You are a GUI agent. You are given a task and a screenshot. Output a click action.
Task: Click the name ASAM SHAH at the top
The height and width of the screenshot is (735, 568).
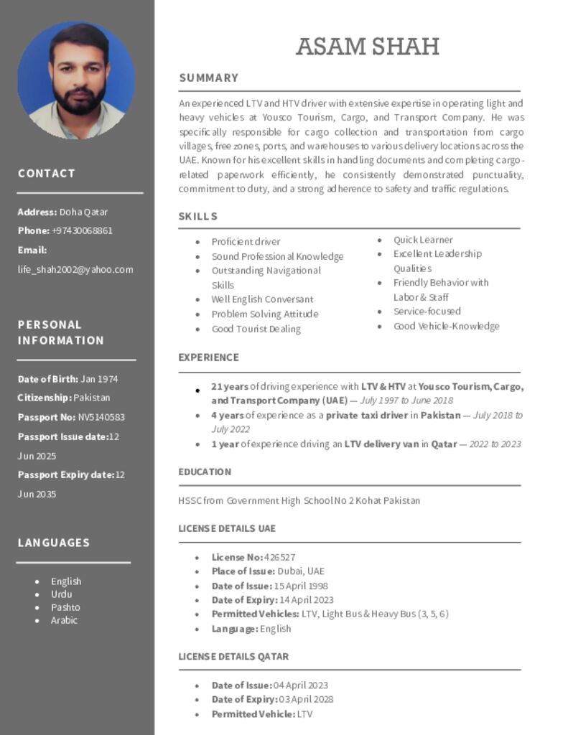pos(367,47)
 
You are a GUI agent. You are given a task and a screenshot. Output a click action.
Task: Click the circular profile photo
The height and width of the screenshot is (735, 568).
pos(76,80)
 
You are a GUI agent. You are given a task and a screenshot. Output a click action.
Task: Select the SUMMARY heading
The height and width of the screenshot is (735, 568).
pos(208,78)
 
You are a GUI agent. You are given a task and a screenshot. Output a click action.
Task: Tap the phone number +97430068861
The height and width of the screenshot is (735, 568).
pos(82,230)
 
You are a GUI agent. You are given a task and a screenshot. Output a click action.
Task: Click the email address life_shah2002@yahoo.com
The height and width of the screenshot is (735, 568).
pos(75,269)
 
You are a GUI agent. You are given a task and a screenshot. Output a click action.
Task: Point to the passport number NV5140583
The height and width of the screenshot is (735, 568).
pos(101,417)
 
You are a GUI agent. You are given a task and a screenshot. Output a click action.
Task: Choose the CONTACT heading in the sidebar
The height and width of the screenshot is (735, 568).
pos(47,173)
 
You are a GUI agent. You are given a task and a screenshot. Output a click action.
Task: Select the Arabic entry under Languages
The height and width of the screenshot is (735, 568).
pos(64,620)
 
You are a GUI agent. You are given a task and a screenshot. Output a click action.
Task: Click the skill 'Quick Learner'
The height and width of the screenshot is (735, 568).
pos(423,240)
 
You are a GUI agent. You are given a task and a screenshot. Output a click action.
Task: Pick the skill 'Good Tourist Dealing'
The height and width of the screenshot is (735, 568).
pos(256,329)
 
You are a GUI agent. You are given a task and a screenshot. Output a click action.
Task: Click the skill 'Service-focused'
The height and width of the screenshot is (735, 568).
pos(427,312)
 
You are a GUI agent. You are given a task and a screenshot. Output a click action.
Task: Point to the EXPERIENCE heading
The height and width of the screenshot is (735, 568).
pos(208,357)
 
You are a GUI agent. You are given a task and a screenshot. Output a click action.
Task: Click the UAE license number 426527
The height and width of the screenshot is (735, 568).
pos(279,557)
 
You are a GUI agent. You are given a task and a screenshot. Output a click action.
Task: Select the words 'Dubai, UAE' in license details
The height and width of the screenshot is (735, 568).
pos(301,571)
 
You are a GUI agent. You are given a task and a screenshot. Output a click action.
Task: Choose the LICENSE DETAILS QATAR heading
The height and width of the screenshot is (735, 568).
pos(233,656)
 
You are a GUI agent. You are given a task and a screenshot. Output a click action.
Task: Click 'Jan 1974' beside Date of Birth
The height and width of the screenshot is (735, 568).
pos(99,379)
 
